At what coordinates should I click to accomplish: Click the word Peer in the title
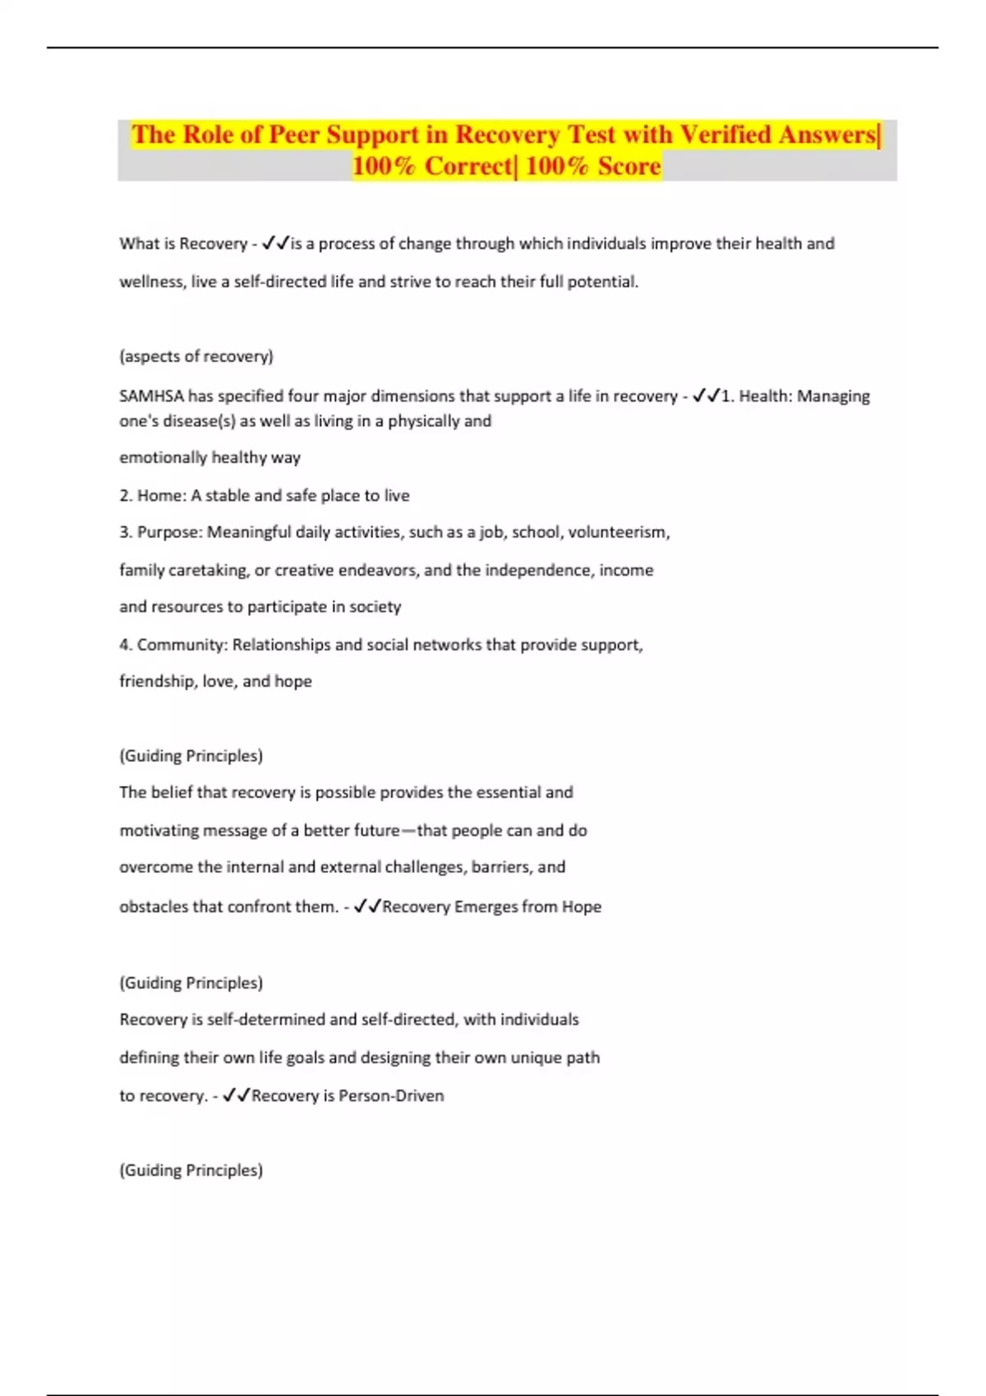294,135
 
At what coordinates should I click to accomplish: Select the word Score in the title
629,166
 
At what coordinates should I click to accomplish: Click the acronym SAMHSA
152,396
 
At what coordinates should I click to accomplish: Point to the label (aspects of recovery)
196,356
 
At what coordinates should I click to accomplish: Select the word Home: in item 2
162,495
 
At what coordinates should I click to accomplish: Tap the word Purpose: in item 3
170,532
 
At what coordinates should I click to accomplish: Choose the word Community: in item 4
182,645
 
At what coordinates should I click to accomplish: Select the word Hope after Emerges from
582,907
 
